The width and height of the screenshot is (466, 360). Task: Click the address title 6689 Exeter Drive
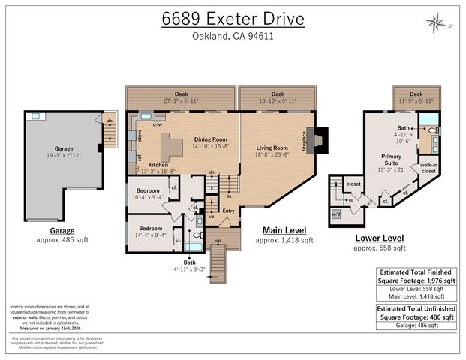[233, 19]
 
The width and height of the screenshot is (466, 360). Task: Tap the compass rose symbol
[435, 23]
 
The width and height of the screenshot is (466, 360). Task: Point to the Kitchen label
[158, 164]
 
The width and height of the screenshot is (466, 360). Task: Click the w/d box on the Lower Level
[335, 214]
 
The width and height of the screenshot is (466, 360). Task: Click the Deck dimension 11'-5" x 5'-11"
[416, 100]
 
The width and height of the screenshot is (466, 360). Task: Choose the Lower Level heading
[379, 238]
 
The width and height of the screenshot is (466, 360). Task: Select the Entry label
[228, 210]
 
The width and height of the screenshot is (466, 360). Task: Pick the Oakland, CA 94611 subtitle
[233, 36]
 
